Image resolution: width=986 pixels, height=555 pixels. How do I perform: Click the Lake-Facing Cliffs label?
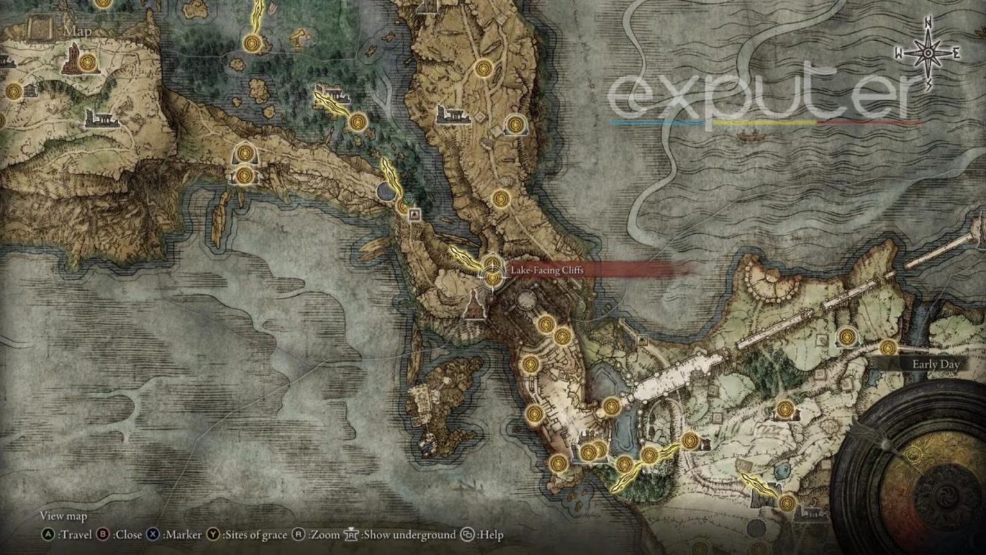[x=547, y=270]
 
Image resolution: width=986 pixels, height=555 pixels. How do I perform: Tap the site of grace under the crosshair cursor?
[x=492, y=277]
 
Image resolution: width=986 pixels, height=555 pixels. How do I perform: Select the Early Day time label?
[x=935, y=364]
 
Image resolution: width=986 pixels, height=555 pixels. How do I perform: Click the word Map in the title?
[x=77, y=31]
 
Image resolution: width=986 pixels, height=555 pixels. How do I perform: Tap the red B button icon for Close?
[x=103, y=534]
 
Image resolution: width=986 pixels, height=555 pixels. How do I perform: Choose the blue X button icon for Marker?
[x=152, y=534]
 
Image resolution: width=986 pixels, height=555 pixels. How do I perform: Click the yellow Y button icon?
[x=213, y=534]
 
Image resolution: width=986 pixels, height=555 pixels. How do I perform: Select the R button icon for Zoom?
[x=298, y=534]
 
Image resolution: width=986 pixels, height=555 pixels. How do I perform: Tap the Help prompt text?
[x=489, y=534]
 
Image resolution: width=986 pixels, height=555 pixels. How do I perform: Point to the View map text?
[x=63, y=516]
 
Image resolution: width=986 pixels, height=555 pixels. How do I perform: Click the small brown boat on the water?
[x=747, y=136]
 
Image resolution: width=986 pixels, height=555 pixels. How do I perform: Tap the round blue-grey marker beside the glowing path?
[x=386, y=191]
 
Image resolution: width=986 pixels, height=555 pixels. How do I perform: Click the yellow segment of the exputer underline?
[x=764, y=122]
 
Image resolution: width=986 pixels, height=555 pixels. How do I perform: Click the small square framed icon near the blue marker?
[x=415, y=214]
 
